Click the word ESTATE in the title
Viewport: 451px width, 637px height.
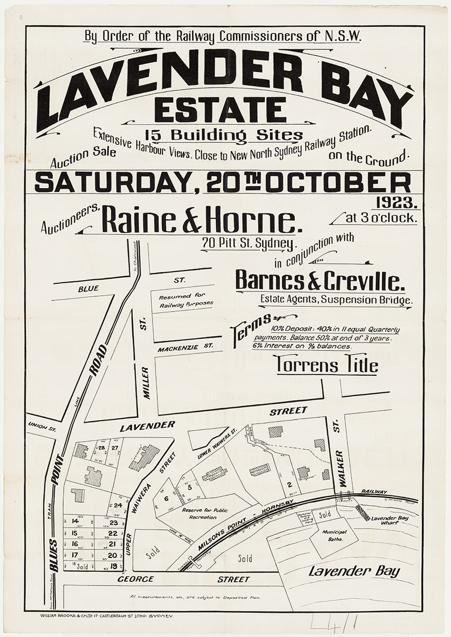point(220,110)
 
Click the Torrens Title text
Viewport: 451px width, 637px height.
point(327,365)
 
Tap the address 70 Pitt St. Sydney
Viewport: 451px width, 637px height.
point(248,244)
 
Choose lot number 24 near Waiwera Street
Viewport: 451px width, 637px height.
point(118,505)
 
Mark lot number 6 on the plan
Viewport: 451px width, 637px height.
point(166,498)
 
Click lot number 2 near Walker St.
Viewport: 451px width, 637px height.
point(289,484)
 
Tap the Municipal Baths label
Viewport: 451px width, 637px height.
point(335,535)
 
